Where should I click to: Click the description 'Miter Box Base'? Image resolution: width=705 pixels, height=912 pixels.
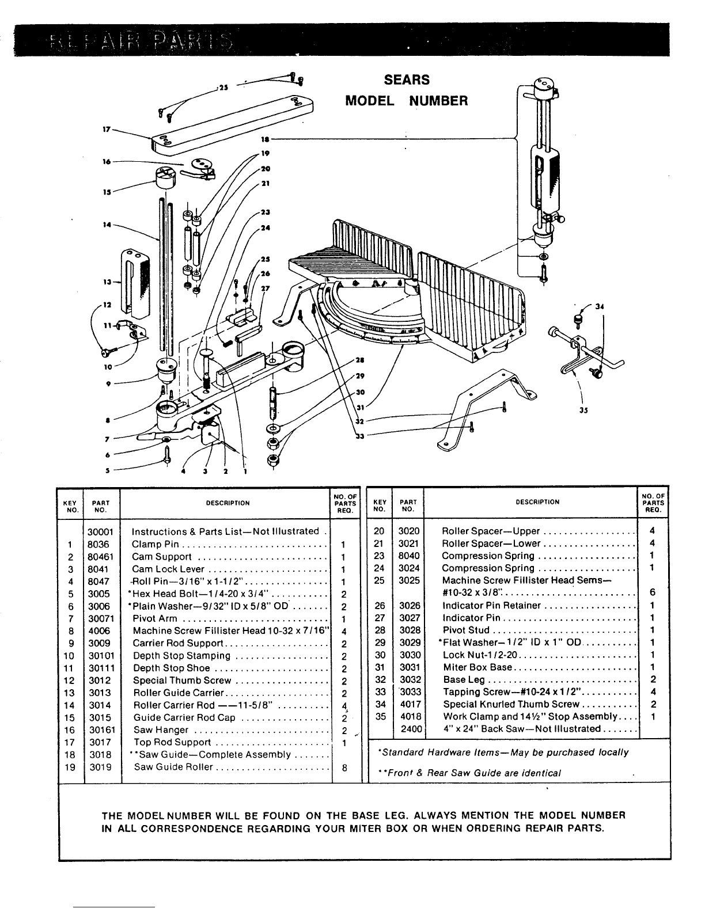[x=477, y=667]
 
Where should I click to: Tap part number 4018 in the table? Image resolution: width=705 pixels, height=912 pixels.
[x=410, y=716]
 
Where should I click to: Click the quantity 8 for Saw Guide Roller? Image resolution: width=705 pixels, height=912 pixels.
[x=344, y=767]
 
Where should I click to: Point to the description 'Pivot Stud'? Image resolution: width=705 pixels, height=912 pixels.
[x=466, y=630]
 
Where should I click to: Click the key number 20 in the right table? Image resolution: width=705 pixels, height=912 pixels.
[x=378, y=531]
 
